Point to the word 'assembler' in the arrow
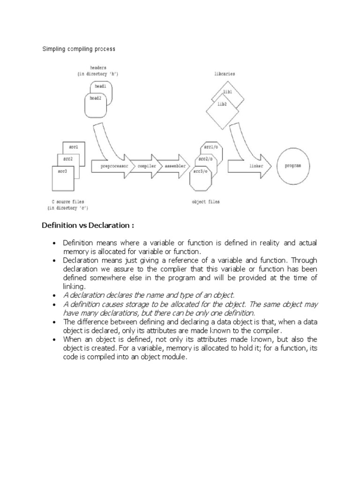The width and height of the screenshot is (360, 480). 173,166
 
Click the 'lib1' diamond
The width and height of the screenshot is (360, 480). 229,93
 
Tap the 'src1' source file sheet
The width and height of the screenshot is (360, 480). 74,147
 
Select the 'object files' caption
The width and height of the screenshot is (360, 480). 205,202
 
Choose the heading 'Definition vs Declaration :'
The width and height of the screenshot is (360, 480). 88,225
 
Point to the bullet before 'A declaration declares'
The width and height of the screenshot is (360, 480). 55,295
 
